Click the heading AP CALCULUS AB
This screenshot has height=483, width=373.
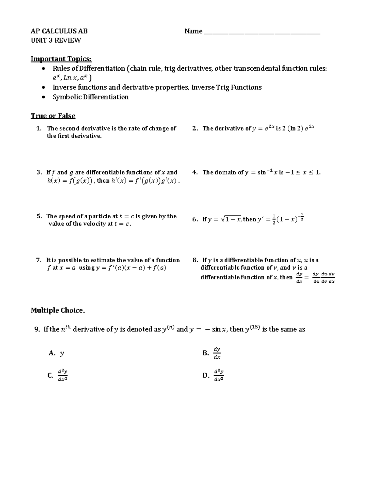(59, 31)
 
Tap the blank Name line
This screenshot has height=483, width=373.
(262, 32)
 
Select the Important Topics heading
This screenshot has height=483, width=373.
(61, 59)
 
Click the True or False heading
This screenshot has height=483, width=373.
(53, 116)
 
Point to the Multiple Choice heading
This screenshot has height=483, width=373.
(58, 310)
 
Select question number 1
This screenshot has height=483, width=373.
(39, 128)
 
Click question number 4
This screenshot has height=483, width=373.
(195, 172)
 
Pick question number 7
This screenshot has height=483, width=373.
(39, 260)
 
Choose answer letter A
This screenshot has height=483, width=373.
(52, 353)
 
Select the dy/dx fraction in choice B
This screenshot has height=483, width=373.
(217, 353)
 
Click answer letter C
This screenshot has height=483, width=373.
(50, 375)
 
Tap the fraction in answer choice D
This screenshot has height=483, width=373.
(219, 375)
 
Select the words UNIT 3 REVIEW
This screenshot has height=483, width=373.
(56, 40)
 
